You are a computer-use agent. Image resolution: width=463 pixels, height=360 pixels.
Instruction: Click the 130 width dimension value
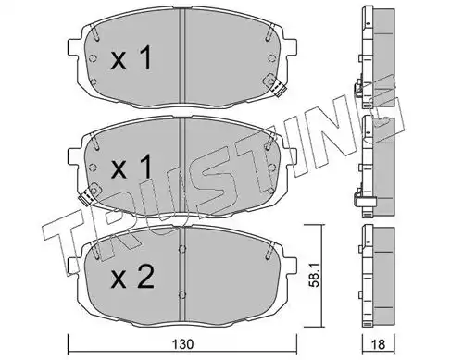click(x=183, y=344)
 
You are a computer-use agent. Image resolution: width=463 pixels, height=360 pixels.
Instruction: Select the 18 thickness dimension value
click(x=378, y=344)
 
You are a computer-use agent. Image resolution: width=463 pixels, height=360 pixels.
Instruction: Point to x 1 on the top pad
click(x=131, y=57)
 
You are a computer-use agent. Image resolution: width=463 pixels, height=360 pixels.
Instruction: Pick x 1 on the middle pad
click(x=131, y=167)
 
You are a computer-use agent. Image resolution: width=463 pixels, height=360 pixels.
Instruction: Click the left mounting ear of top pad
click(x=73, y=48)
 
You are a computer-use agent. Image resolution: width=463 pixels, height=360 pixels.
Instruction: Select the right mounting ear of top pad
click(x=290, y=48)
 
